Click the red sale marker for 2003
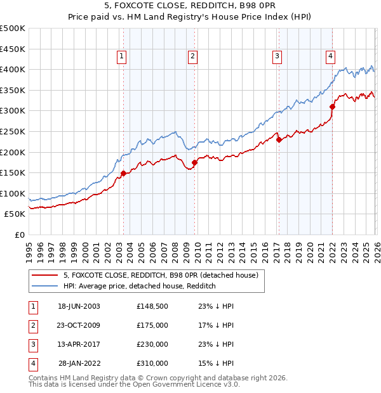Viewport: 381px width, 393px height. (x=123, y=173)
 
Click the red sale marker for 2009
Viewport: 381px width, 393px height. (x=194, y=162)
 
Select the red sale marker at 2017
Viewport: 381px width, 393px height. (x=279, y=139)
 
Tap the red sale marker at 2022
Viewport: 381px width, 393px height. (x=332, y=106)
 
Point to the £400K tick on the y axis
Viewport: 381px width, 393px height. (x=13, y=70)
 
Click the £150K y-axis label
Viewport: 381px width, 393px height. (x=13, y=172)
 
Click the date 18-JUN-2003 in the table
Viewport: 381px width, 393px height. (x=79, y=306)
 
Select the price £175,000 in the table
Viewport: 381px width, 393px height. (x=152, y=325)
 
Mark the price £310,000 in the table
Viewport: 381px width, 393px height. (x=152, y=364)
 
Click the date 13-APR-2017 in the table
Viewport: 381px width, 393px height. (x=79, y=344)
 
